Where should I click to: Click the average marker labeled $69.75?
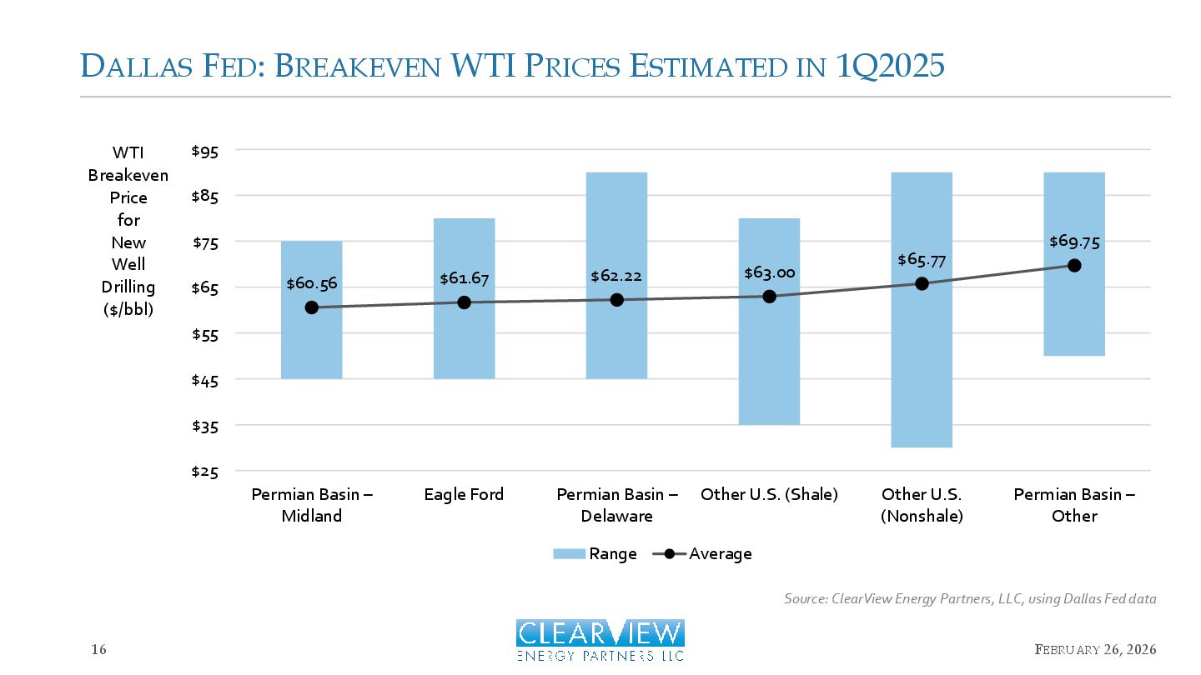coord(1074,265)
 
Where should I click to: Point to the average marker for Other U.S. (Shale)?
coord(769,296)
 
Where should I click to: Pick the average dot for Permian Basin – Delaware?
coord(616,299)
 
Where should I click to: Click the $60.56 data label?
coord(311,283)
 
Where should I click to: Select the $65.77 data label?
coord(922,260)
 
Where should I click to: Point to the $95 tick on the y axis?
coord(204,151)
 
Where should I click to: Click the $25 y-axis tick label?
coord(204,472)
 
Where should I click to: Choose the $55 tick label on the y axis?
coord(204,334)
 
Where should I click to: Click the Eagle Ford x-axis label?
coord(464,494)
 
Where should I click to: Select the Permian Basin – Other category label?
coord(1074,505)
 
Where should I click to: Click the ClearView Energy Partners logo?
coord(600,640)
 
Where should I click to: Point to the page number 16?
coord(98,650)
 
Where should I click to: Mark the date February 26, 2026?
coord(1095,650)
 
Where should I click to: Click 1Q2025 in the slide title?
coord(890,66)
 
